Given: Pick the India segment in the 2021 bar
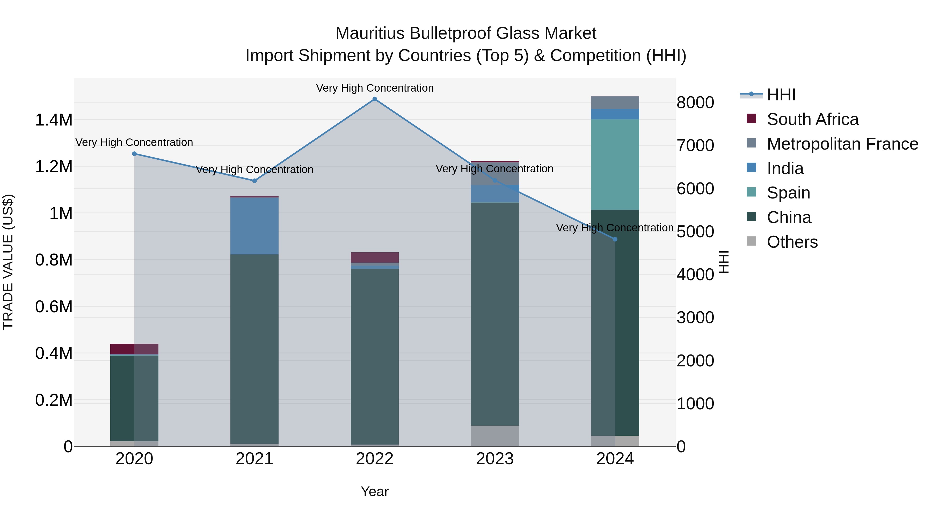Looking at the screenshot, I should click(x=254, y=226).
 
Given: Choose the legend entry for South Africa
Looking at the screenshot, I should click(x=812, y=119).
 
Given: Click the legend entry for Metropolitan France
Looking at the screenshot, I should click(x=842, y=144).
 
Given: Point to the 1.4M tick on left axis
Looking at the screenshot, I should click(x=54, y=120).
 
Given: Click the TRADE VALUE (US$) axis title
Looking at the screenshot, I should click(x=8, y=262).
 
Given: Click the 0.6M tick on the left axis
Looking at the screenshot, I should click(x=54, y=307).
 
